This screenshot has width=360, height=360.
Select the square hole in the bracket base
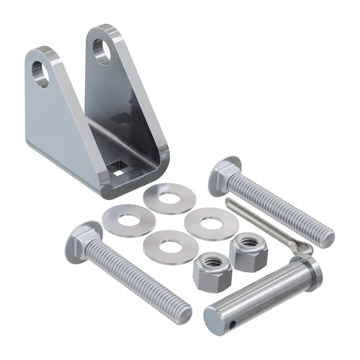click(x=120, y=168)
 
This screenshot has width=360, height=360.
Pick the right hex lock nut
click(x=248, y=249)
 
